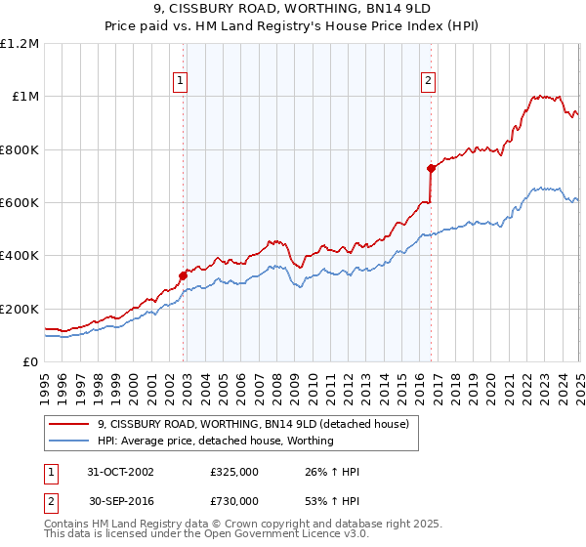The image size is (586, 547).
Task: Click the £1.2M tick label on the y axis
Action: tap(21, 44)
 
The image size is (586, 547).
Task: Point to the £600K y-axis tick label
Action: tap(21, 203)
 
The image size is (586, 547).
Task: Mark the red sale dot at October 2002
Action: tap(183, 275)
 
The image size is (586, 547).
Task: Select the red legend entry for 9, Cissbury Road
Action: tap(259, 423)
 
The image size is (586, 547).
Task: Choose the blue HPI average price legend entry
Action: tap(215, 441)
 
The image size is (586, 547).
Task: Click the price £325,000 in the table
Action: tap(233, 472)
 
